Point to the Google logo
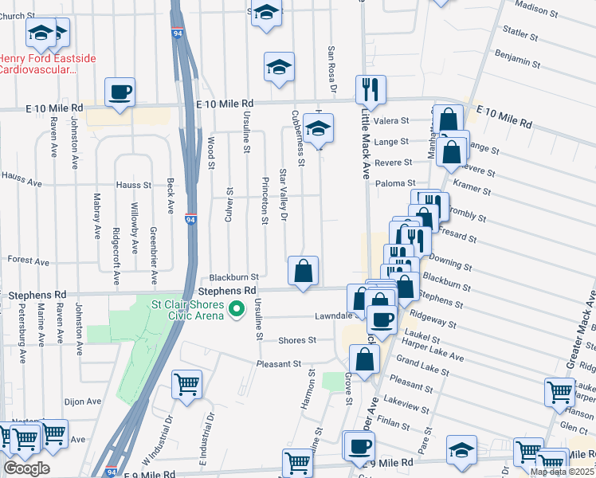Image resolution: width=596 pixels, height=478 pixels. coord(26,468)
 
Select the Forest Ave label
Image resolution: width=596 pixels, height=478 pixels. coord(29,261)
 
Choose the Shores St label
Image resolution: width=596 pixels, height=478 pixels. coord(296,340)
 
